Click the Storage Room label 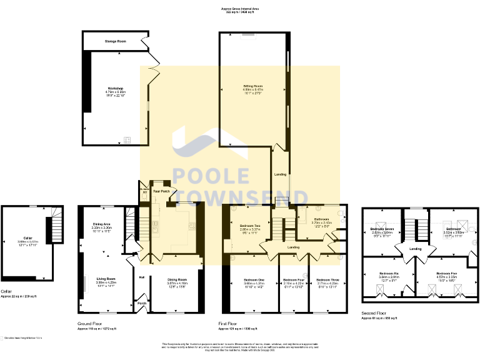[116, 41]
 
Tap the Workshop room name [115, 89]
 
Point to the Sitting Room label [252, 86]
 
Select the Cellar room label [27, 238]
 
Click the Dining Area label [102, 224]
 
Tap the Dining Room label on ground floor [177, 279]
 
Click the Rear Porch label [161, 191]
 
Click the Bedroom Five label [446, 274]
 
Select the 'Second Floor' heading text [374, 314]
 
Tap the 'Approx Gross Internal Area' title [240, 9]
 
